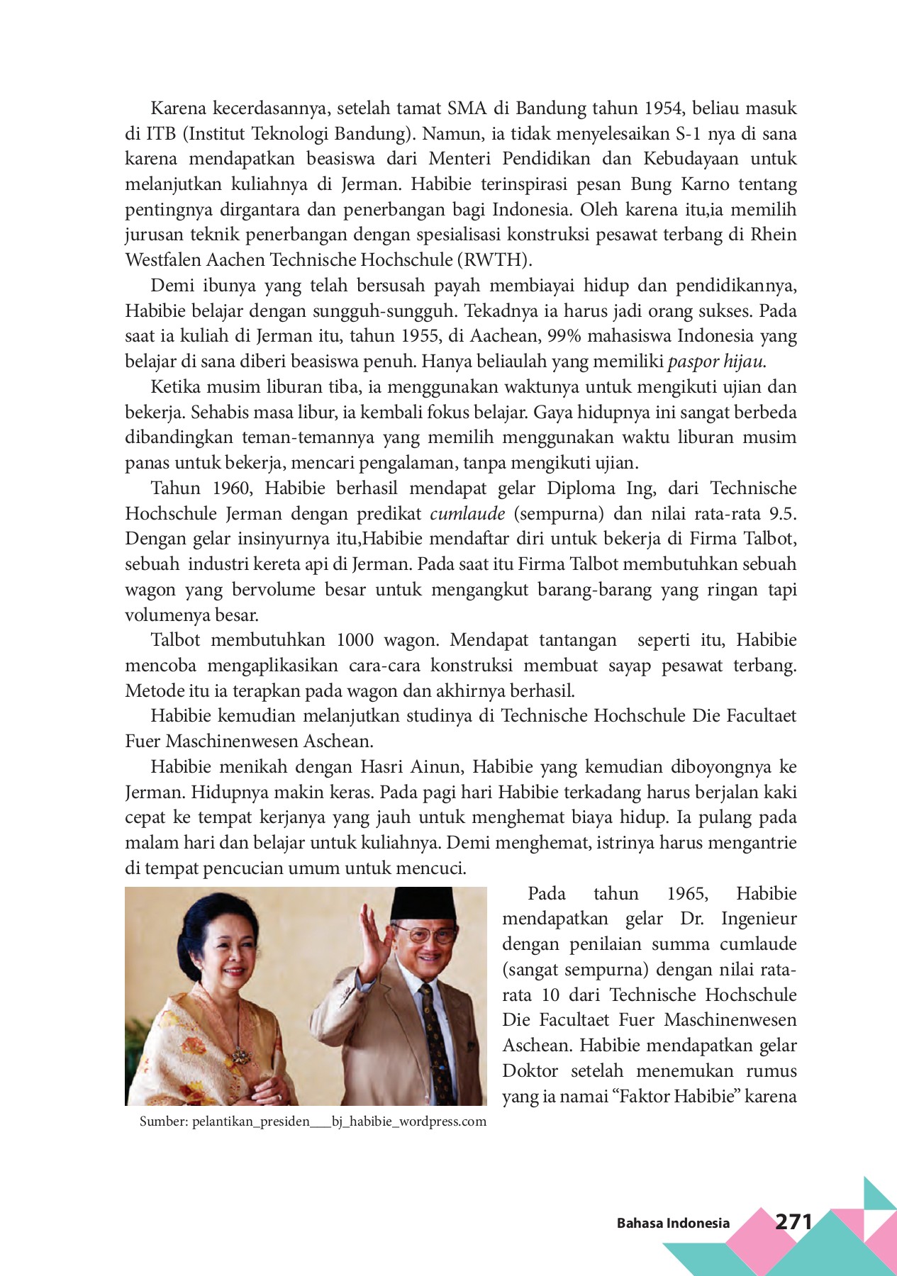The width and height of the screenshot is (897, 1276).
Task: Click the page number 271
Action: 793,1221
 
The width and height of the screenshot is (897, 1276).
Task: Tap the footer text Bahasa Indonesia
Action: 672,1223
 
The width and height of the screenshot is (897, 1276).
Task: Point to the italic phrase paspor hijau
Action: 716,362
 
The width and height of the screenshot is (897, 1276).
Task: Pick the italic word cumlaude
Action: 467,513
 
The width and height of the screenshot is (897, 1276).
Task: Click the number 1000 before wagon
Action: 355,640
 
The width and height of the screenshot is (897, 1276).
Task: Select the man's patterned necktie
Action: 433,1035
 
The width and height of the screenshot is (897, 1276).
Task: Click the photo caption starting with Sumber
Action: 313,1121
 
